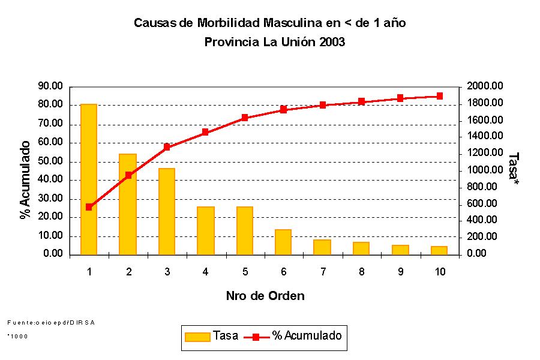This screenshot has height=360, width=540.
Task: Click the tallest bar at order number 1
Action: click(89, 179)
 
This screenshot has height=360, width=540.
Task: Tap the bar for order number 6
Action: click(283, 242)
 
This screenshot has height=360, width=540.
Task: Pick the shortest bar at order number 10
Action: click(439, 251)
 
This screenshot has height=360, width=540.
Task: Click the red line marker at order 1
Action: click(89, 207)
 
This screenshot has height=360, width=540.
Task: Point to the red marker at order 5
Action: click(245, 118)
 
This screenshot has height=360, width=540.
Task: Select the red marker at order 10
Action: click(439, 96)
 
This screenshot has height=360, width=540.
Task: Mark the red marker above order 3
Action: click(167, 147)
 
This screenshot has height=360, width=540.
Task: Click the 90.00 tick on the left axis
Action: click(50, 86)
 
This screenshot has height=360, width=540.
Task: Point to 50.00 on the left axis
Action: click(50, 161)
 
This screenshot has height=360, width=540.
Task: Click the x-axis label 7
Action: click(323, 272)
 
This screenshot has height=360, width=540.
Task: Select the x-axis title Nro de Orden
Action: click(265, 296)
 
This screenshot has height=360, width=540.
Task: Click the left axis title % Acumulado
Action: click(25, 180)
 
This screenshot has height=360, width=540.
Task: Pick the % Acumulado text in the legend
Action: click(307, 335)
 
